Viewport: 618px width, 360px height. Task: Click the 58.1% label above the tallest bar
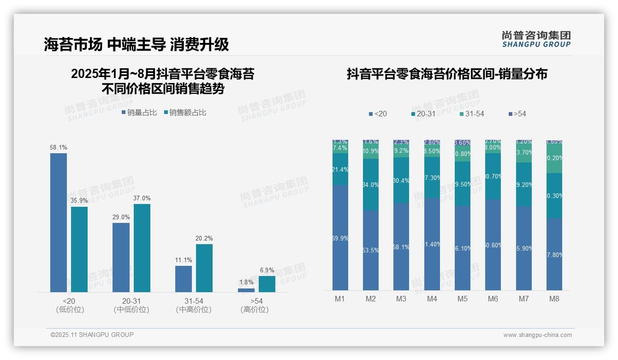(x=59, y=148)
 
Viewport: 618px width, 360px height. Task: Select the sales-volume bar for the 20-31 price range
(x=121, y=257)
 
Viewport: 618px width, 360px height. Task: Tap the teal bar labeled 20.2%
(x=204, y=268)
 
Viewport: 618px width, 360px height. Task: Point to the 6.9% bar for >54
(x=267, y=284)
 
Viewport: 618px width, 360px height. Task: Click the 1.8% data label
(x=246, y=282)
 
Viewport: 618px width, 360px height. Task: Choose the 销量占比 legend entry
(x=139, y=113)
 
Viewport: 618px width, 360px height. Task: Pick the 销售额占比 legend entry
(x=185, y=113)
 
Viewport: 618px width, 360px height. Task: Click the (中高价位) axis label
(x=194, y=310)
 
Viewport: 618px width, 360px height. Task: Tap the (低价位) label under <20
(x=70, y=310)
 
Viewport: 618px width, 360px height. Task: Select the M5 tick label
(x=463, y=299)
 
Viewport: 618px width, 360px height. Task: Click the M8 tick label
(x=554, y=299)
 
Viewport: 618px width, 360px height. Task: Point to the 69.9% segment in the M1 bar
(x=340, y=238)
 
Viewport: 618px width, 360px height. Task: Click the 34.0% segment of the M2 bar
(x=371, y=185)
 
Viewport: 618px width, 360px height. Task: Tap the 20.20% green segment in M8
(x=554, y=158)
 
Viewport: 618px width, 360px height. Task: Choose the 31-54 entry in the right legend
(x=471, y=114)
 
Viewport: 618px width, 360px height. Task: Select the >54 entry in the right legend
(x=517, y=114)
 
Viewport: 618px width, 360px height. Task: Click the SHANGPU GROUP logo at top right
(x=536, y=39)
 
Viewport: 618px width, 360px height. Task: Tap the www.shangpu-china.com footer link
(x=537, y=335)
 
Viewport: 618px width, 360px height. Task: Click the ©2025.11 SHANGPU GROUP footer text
(x=92, y=335)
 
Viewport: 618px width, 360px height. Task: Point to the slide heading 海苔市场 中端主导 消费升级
(x=137, y=44)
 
